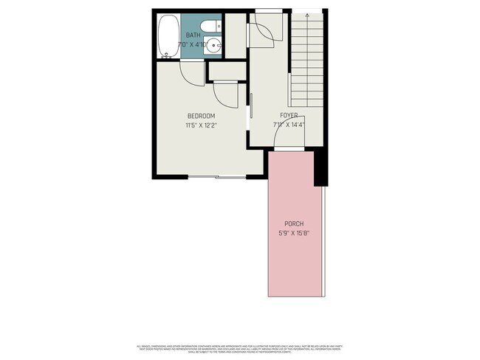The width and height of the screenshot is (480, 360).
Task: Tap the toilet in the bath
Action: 211,29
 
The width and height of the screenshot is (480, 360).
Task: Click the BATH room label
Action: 193,35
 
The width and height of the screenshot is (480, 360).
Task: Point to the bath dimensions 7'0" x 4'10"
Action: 193,44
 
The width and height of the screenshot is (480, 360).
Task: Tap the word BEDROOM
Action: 201,116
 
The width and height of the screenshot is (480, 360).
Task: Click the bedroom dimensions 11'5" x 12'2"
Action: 201,125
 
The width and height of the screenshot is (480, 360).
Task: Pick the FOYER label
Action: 288,116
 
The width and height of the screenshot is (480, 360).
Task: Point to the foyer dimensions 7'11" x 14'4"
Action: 288,125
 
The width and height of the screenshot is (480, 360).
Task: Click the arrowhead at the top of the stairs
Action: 306,14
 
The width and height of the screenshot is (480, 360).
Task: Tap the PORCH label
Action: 294,224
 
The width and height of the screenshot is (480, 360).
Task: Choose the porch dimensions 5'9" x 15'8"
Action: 294,233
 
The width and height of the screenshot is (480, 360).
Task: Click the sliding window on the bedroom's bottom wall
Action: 216,177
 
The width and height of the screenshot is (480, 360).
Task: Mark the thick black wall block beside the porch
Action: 320,167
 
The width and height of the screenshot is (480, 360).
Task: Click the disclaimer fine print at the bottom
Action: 240,348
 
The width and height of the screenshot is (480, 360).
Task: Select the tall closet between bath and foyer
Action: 235,34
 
